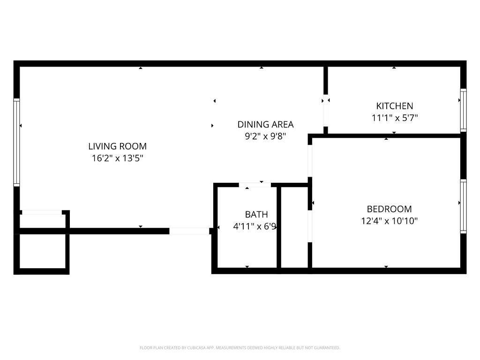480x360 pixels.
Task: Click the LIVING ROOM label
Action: (117, 146)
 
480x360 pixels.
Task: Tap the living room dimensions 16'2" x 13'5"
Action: (117, 158)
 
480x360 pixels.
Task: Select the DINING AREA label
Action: (265, 124)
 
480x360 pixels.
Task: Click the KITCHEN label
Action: (395, 106)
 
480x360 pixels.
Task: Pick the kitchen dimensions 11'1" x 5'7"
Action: (395, 118)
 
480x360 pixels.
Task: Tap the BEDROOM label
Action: (389, 209)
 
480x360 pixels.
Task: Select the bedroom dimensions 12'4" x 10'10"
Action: (389, 221)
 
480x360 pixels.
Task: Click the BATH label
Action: (256, 215)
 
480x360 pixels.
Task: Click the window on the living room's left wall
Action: (16, 142)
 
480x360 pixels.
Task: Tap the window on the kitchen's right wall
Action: (463, 110)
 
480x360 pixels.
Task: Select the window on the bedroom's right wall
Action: (463, 206)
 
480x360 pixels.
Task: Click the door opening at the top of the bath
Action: (255, 185)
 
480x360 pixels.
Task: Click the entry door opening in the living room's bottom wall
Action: (189, 231)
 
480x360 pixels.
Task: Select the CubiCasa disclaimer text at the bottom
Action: (240, 348)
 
